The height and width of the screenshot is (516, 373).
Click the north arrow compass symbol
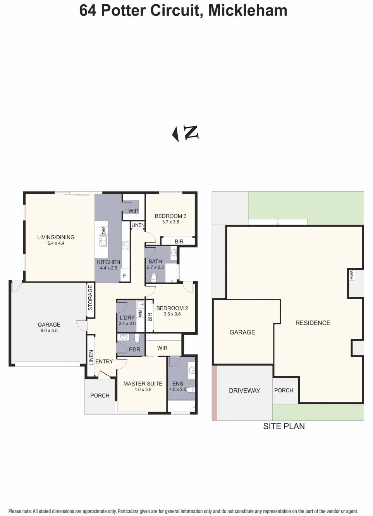tap(185, 134)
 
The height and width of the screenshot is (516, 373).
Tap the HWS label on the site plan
tap(352, 275)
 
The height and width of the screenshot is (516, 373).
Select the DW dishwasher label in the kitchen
tap(104, 230)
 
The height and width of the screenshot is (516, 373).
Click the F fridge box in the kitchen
tap(125, 275)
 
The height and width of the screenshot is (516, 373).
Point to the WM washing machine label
tap(140, 313)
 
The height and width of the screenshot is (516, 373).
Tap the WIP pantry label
tap(133, 211)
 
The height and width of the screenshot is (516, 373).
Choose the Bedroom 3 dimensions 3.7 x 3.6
tap(170, 222)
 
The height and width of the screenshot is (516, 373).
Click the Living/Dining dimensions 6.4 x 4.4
tap(56, 243)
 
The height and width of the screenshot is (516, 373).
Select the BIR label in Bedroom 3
tap(179, 242)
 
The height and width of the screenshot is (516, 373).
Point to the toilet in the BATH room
tap(154, 278)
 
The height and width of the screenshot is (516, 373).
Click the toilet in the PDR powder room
tap(137, 338)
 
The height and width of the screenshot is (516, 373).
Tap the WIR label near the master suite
tap(162, 348)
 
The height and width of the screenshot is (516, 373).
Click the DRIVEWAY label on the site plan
tap(244, 391)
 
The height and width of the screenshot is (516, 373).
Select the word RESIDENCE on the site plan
tap(313, 323)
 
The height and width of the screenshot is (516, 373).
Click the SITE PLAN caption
tap(284, 426)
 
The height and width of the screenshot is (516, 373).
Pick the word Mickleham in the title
tap(248, 10)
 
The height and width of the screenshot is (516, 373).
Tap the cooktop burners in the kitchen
tap(125, 245)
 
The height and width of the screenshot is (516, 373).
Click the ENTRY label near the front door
tap(104, 362)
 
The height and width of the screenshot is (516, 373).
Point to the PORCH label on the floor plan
tap(100, 396)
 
